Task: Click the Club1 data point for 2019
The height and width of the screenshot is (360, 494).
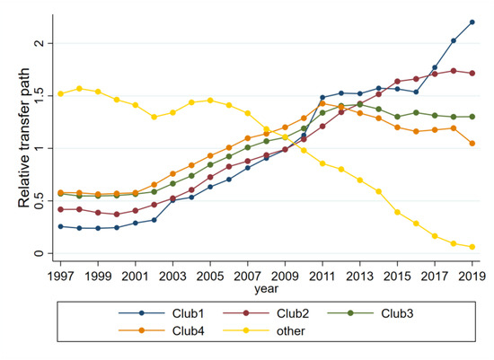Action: (x=472, y=22)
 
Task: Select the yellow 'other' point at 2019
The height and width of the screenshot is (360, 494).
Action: (x=472, y=247)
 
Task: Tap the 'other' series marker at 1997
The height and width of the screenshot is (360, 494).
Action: (x=60, y=93)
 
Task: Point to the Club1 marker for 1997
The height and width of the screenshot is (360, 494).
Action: (x=60, y=226)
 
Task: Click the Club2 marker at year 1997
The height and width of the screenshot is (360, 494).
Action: (x=60, y=209)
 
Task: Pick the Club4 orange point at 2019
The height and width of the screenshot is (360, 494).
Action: (x=472, y=144)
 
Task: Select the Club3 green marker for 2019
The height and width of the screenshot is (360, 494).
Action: (x=472, y=117)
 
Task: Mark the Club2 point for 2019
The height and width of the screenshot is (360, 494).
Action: (x=472, y=73)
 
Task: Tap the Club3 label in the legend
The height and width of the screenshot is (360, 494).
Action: (x=398, y=313)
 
